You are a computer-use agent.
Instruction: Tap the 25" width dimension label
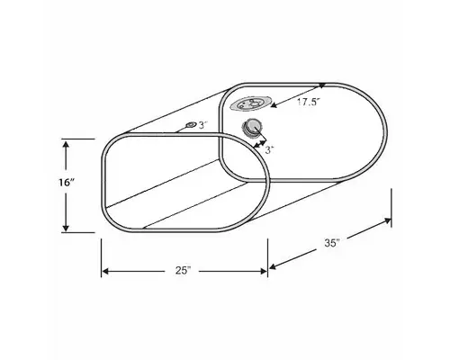pos(184,270)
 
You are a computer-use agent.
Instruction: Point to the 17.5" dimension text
pos(309,103)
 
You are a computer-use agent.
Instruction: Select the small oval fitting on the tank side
pos(190,124)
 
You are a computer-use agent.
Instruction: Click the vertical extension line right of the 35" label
pos(391,207)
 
